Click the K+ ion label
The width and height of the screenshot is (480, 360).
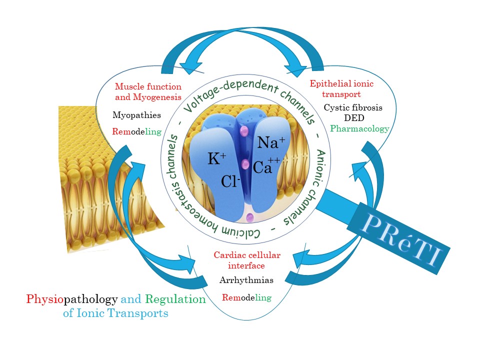click(216, 159)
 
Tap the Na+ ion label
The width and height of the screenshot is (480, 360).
click(270, 143)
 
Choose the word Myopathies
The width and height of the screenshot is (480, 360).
click(136, 115)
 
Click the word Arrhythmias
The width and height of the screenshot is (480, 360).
click(246, 280)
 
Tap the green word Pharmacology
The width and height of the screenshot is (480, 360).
click(359, 128)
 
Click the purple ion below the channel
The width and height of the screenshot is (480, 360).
click(249, 217)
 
